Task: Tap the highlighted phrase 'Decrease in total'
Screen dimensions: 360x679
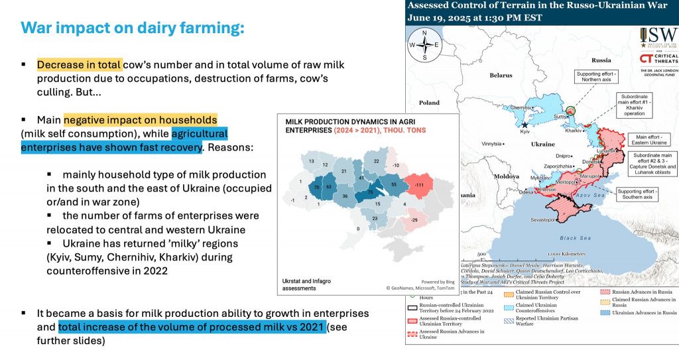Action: [80, 65]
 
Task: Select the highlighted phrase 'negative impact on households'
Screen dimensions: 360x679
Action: [141, 120]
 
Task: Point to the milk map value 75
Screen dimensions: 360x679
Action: [370, 192]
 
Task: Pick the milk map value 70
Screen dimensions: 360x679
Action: [318, 188]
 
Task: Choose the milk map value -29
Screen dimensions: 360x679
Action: [414, 219]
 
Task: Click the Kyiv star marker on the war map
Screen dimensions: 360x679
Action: [525, 124]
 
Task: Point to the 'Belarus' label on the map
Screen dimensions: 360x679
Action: [501, 76]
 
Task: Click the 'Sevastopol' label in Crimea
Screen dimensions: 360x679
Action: [541, 219]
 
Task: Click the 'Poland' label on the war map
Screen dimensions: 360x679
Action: [429, 103]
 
